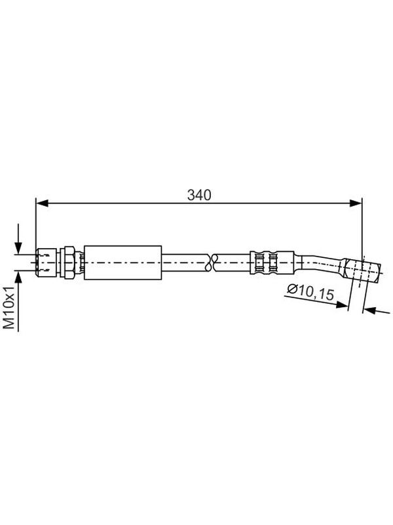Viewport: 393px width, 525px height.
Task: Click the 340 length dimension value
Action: click(x=199, y=195)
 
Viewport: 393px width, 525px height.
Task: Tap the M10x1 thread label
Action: click(x=9, y=308)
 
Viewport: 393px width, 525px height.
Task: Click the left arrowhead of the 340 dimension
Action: click(x=42, y=203)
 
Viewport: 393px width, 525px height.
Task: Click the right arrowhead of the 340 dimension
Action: click(x=355, y=203)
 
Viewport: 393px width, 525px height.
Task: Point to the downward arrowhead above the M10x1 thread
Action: click(x=18, y=248)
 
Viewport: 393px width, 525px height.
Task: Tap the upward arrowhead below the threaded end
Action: click(x=18, y=276)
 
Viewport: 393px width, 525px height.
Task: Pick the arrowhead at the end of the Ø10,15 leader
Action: click(x=341, y=304)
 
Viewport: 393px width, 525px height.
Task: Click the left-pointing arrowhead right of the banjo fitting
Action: click(x=369, y=310)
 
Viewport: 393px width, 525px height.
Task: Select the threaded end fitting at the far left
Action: click(x=45, y=262)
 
